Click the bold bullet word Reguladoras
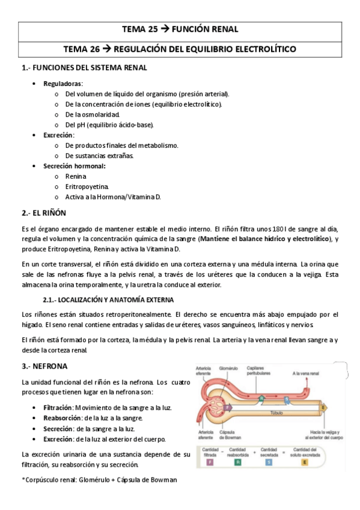[63, 83]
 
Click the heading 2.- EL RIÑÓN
[43, 213]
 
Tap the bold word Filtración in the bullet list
[58, 407]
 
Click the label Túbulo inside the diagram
[276, 413]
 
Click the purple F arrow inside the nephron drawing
[228, 408]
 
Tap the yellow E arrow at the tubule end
[324, 408]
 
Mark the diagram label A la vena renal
[305, 373]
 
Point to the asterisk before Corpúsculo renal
[23, 479]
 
